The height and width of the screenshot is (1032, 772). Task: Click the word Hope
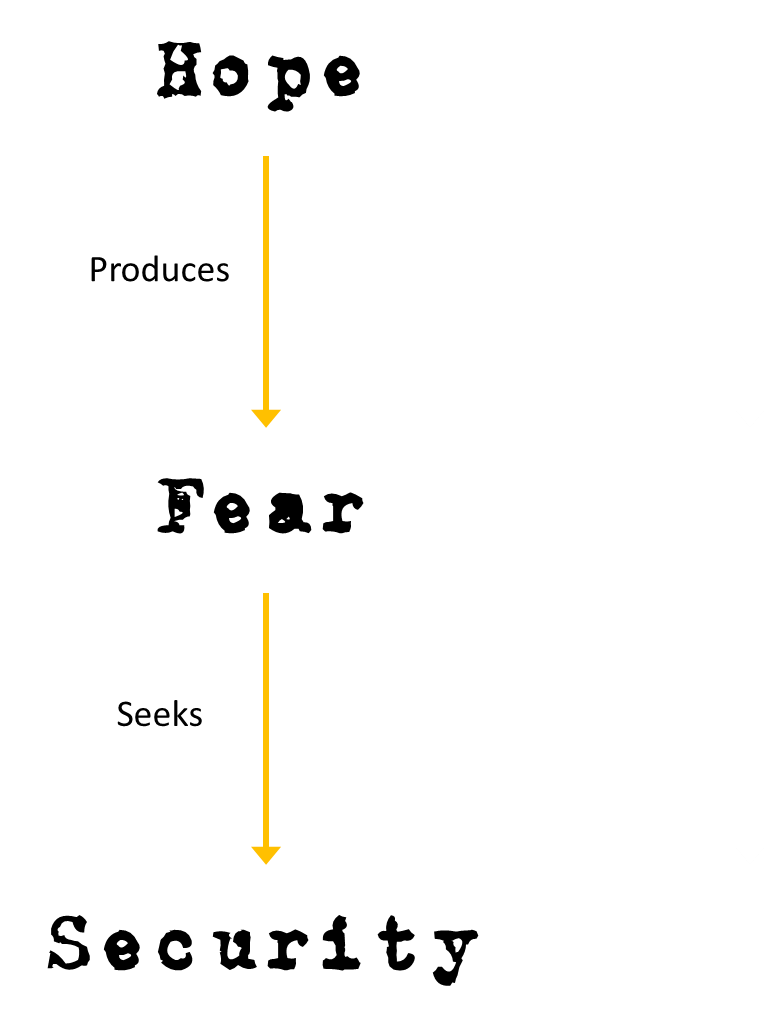click(259, 72)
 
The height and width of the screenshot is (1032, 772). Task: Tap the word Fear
click(260, 507)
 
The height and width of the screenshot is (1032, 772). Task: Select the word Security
click(263, 945)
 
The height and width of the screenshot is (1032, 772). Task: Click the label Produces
click(159, 270)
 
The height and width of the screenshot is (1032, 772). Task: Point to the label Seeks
click(159, 714)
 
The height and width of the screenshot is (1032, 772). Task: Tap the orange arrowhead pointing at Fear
click(265, 418)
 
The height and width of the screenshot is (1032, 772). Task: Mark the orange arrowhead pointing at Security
click(265, 855)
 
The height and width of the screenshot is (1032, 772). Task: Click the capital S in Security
click(72, 943)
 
